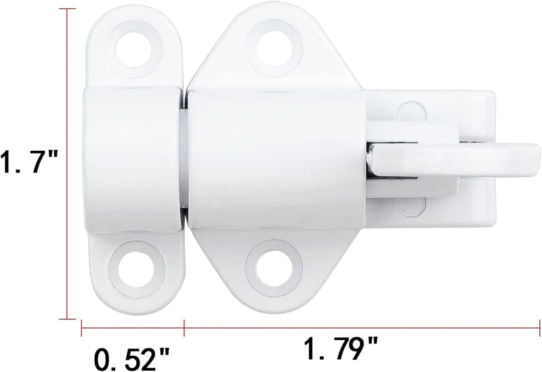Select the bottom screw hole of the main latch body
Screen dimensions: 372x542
[269, 263]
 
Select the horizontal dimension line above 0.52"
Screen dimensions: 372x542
[132, 329]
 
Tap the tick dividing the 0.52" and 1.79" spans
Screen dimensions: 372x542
[184, 329]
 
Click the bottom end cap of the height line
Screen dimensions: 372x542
[67, 317]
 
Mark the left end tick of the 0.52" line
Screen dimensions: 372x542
[82, 329]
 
